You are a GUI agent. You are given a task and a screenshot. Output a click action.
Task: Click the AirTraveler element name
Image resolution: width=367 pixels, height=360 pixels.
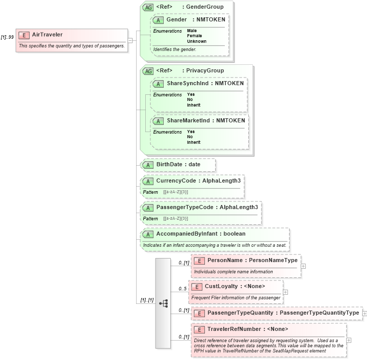[47, 35]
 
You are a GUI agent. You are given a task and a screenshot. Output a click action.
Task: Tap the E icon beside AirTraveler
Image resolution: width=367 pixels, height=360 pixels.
[23, 35]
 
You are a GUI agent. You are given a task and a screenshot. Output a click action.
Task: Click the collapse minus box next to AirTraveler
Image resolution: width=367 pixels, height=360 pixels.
[130, 40]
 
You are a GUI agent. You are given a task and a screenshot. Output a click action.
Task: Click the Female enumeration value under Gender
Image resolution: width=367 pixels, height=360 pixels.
[194, 36]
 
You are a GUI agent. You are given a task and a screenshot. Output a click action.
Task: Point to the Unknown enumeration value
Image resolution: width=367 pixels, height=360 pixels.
[196, 41]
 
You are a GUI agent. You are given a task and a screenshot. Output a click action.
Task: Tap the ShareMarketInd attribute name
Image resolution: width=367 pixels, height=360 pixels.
[190, 120]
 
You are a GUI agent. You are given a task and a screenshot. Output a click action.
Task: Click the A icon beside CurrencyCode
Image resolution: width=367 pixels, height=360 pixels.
[148, 181]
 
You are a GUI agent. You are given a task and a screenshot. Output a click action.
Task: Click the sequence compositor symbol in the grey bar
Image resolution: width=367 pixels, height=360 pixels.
[163, 303]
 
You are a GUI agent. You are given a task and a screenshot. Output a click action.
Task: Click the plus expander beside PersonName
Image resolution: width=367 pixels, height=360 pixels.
[303, 266]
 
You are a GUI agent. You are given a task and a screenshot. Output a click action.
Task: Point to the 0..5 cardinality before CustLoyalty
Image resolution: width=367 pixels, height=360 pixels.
[182, 289]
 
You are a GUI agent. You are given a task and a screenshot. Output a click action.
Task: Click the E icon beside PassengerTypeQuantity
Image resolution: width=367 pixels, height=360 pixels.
[199, 313]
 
